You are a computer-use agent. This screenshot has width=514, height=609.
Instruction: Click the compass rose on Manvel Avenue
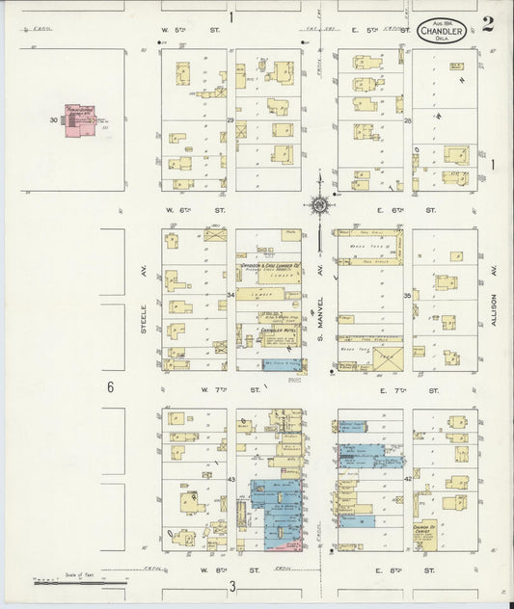(318, 204)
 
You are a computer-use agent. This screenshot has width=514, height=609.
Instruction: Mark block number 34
(230, 295)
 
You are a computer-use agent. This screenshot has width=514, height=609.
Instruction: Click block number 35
(408, 295)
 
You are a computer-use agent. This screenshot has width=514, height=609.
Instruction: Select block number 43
(230, 479)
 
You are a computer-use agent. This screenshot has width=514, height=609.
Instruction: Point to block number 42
(408, 479)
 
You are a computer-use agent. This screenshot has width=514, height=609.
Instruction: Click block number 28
(408, 121)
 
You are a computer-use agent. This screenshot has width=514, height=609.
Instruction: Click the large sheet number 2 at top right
(489, 24)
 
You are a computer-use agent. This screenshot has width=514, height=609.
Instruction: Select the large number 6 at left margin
(111, 387)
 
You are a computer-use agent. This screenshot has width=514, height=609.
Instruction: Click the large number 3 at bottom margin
(232, 586)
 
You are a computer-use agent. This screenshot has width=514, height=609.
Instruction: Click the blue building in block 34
(283, 365)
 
